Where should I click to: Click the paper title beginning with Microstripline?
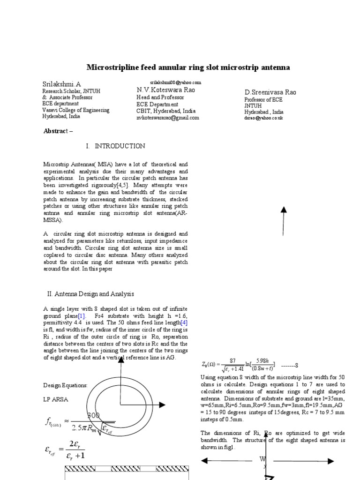(x=189, y=67)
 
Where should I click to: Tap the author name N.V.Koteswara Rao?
(x=166, y=90)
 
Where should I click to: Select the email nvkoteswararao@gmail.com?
(x=168, y=118)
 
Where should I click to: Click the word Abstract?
(x=55, y=131)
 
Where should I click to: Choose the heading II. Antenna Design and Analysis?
(x=90, y=294)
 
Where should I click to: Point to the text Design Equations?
(x=65, y=385)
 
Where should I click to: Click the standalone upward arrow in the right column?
(x=283, y=220)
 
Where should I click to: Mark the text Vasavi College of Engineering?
(x=76, y=111)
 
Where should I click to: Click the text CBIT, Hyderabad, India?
(x=166, y=111)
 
